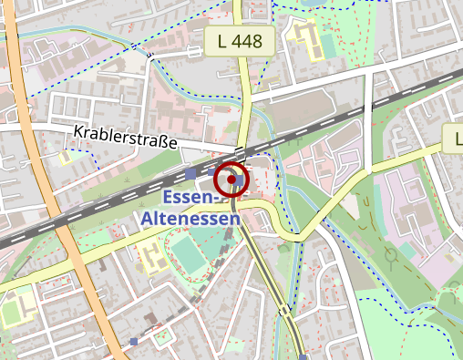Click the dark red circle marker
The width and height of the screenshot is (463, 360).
[232, 180]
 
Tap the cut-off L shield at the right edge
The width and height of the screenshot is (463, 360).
[455, 139]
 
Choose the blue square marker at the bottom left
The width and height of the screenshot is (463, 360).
[135, 342]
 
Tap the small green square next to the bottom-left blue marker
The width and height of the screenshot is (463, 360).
[163, 338]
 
